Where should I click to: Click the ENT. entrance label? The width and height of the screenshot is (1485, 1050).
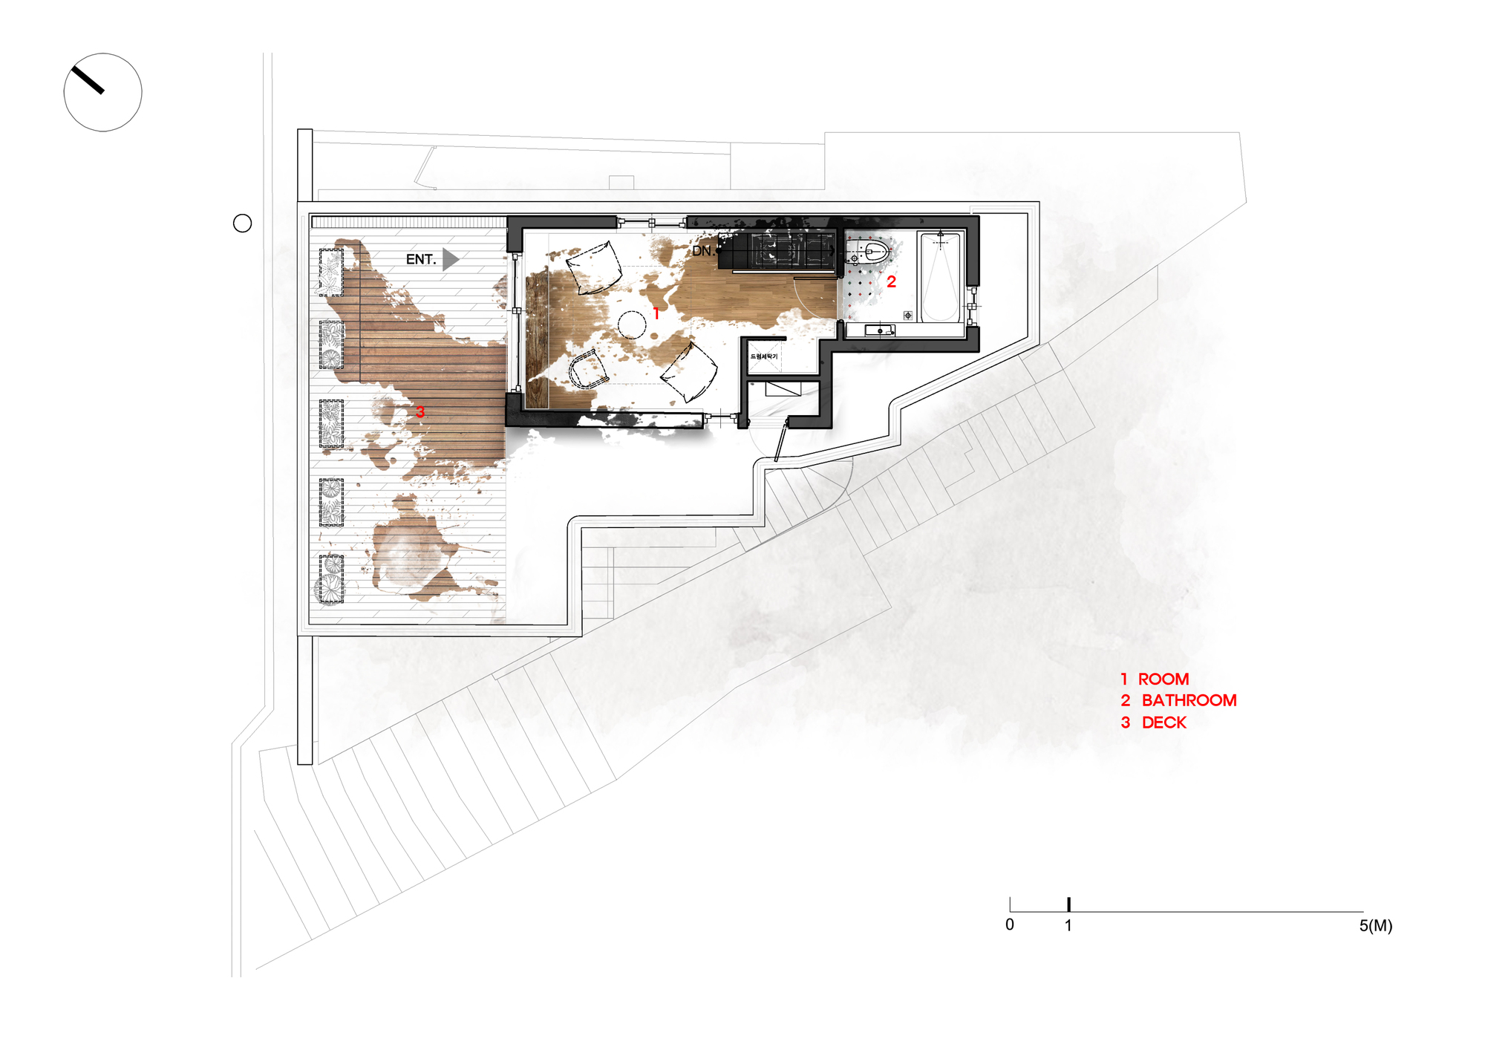[420, 259]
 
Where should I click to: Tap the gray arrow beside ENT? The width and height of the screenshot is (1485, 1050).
[450, 259]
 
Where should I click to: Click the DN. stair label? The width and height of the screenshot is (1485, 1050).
[702, 251]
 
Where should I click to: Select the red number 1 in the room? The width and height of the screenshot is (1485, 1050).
[656, 313]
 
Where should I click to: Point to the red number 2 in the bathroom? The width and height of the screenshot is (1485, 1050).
[891, 282]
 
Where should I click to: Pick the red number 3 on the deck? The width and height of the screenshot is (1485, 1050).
[420, 411]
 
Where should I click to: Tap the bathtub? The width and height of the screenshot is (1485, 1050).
[940, 276]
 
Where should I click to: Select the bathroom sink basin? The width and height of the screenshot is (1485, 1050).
[881, 330]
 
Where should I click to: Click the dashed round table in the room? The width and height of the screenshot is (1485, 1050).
[632, 325]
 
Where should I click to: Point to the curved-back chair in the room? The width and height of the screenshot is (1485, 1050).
[587, 368]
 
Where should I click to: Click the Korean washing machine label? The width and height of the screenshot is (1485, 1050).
[764, 356]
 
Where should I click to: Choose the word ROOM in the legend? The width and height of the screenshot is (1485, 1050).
[1163, 679]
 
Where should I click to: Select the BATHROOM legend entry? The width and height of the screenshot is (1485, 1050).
[1189, 701]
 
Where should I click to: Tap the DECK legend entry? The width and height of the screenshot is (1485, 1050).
[1163, 723]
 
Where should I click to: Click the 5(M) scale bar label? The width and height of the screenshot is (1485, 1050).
[1375, 926]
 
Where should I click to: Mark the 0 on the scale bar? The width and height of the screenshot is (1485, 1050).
[1010, 925]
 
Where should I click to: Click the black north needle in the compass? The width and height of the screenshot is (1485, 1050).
[88, 80]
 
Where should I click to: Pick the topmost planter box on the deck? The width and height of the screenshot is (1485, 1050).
[331, 273]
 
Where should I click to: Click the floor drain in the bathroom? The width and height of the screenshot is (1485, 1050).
[907, 316]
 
